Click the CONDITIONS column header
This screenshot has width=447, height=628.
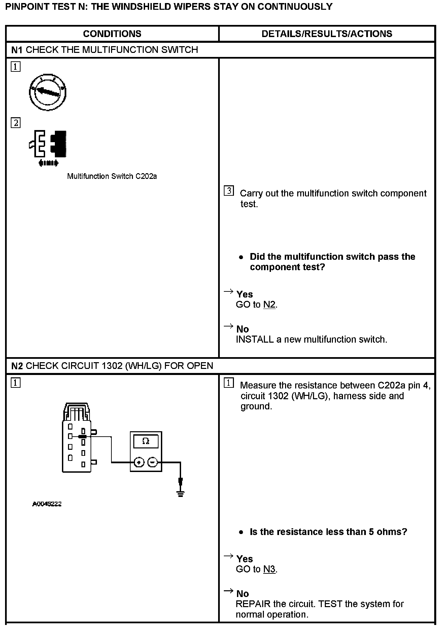(112, 34)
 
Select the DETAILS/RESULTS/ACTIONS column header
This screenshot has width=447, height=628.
(326, 34)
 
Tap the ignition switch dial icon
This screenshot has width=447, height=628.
(48, 92)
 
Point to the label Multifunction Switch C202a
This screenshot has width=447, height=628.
(112, 176)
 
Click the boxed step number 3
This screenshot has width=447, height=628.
(229, 191)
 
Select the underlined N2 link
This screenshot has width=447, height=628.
(269, 305)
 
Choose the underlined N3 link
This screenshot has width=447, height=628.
(269, 569)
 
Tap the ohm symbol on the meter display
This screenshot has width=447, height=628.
(146, 441)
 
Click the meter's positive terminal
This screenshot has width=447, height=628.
(139, 462)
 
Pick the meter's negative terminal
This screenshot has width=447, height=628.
(153, 462)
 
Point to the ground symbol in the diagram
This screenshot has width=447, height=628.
(181, 494)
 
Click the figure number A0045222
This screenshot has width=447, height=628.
(47, 504)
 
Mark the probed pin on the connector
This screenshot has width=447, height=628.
(82, 437)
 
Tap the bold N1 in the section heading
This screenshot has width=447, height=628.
(17, 50)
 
